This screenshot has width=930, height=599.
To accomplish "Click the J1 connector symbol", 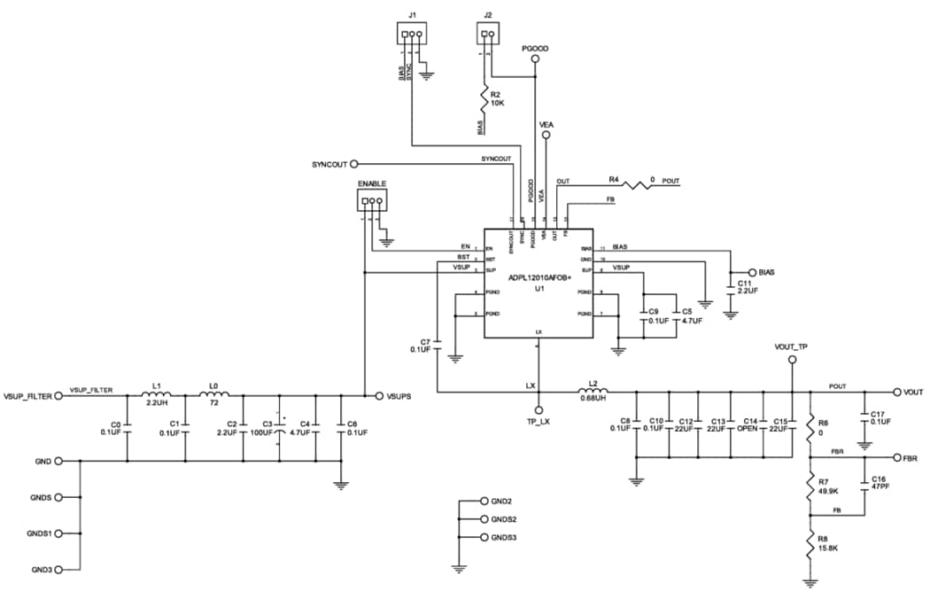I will pyautogui.click(x=411, y=35).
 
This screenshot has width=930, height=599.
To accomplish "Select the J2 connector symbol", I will pyautogui.click(x=487, y=35).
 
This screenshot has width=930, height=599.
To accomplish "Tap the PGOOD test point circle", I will pyautogui.click(x=535, y=60).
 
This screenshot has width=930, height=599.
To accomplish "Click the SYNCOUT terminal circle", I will pyautogui.click(x=354, y=164).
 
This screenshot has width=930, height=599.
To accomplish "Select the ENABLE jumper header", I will pyautogui.click(x=371, y=201).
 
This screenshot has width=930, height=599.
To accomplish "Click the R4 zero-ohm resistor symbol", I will pyautogui.click(x=636, y=184).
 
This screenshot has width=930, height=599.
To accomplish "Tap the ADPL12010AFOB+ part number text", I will pyautogui.click(x=539, y=277).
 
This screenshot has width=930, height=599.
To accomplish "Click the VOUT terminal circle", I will pyautogui.click(x=896, y=392).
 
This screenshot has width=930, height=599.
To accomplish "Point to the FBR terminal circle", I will pyautogui.click(x=896, y=458).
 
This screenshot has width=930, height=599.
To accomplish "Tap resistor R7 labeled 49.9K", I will pyautogui.click(x=810, y=486).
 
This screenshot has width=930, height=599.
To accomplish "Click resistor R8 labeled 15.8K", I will pyautogui.click(x=810, y=545).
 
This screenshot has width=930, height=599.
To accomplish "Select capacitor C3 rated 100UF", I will pyautogui.click(x=279, y=428).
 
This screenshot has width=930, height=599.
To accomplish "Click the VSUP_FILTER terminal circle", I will pyautogui.click(x=59, y=396).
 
